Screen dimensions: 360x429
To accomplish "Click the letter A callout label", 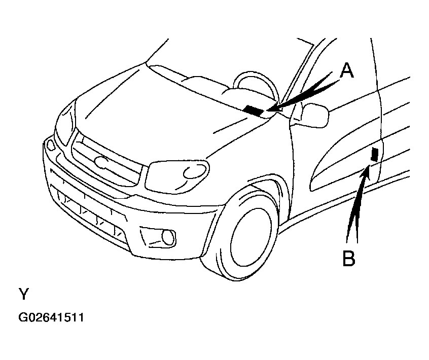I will coord(346,70).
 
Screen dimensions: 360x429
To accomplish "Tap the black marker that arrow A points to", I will coord(253,110).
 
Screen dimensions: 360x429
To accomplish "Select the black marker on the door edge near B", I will coord(375,154).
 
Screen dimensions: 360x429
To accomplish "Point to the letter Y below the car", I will coord(23,294).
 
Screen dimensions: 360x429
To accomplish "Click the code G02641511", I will coord(51,318).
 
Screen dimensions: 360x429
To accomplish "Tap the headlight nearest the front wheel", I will coord(177,174).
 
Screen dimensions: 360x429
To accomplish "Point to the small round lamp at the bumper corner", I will coord(51,145).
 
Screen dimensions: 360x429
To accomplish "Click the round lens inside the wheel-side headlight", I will coord(193,172).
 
